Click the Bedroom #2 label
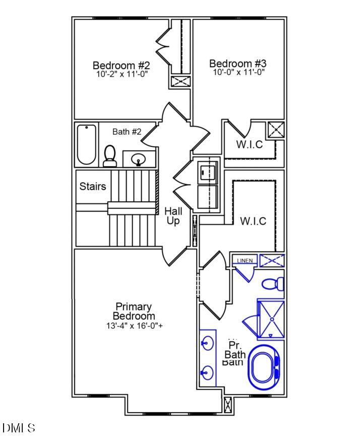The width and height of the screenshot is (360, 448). [x=122, y=66]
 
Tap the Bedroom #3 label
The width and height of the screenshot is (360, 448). [x=237, y=64]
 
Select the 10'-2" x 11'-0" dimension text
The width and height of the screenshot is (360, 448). [x=122, y=74]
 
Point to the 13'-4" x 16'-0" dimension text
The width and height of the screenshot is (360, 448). [x=134, y=326]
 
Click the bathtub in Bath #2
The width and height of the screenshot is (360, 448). [x=87, y=145]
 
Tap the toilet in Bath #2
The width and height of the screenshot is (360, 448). [x=109, y=156]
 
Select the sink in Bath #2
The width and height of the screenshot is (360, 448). [x=139, y=160]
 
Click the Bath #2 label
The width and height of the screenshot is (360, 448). [x=127, y=132]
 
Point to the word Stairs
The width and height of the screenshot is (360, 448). [x=93, y=187]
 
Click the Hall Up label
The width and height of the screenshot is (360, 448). [x=173, y=216]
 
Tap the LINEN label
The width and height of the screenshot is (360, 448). [x=245, y=260]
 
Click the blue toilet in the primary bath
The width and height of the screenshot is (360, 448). [x=273, y=284]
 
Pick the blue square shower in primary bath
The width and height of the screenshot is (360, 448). [x=271, y=319]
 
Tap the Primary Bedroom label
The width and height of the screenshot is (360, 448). [x=134, y=311]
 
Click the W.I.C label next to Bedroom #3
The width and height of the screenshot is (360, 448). [x=250, y=145]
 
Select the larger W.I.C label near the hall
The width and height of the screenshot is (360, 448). [x=253, y=221]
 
